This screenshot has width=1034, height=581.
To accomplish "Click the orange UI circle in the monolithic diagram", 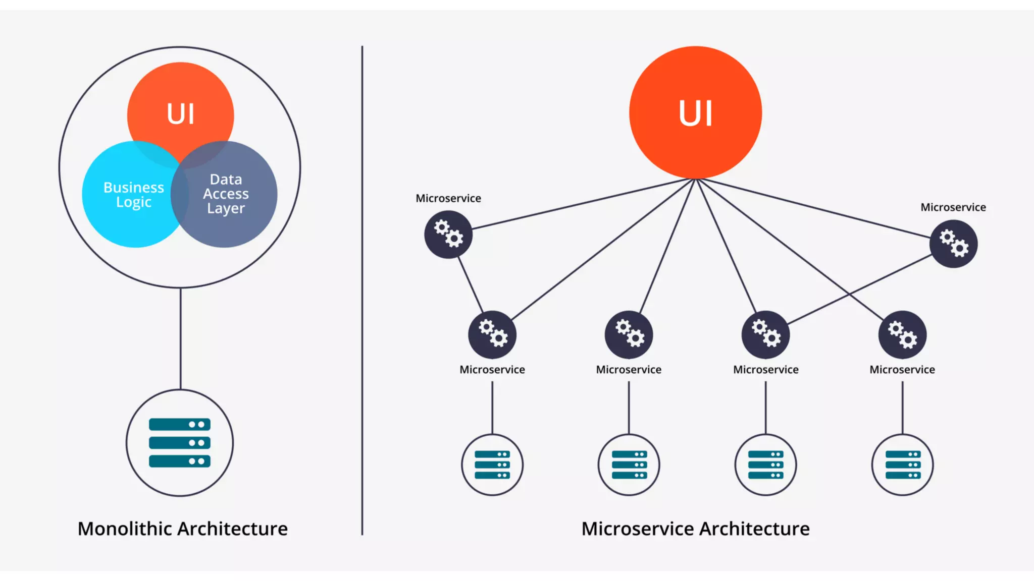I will (x=180, y=101).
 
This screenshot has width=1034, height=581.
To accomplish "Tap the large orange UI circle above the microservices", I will (x=695, y=112).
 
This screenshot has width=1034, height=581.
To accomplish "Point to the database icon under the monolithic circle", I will (x=180, y=443).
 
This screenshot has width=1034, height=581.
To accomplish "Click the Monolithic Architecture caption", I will (x=182, y=529).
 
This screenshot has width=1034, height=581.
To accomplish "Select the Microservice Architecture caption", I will (x=695, y=529).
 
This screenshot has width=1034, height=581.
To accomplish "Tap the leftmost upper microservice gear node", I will (x=448, y=235).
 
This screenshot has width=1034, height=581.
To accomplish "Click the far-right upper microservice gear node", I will (x=953, y=244).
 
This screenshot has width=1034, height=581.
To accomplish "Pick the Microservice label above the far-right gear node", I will (x=953, y=207).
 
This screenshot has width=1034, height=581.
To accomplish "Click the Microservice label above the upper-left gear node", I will (x=448, y=198).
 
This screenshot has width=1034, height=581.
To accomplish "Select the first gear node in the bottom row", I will (x=492, y=334).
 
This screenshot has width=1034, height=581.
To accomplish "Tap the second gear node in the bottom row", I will (x=629, y=334).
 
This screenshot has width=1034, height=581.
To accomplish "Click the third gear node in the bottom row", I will (x=765, y=334).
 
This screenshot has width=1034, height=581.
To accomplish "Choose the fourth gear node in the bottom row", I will (x=902, y=334).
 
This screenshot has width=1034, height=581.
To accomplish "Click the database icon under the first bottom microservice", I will (x=492, y=464).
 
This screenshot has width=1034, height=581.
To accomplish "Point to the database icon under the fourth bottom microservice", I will (x=902, y=464).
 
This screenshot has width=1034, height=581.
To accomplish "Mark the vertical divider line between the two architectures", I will (x=362, y=303).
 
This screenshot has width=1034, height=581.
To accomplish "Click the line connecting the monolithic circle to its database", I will (x=180, y=338).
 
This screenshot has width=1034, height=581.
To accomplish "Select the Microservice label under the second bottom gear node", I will (x=629, y=370).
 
